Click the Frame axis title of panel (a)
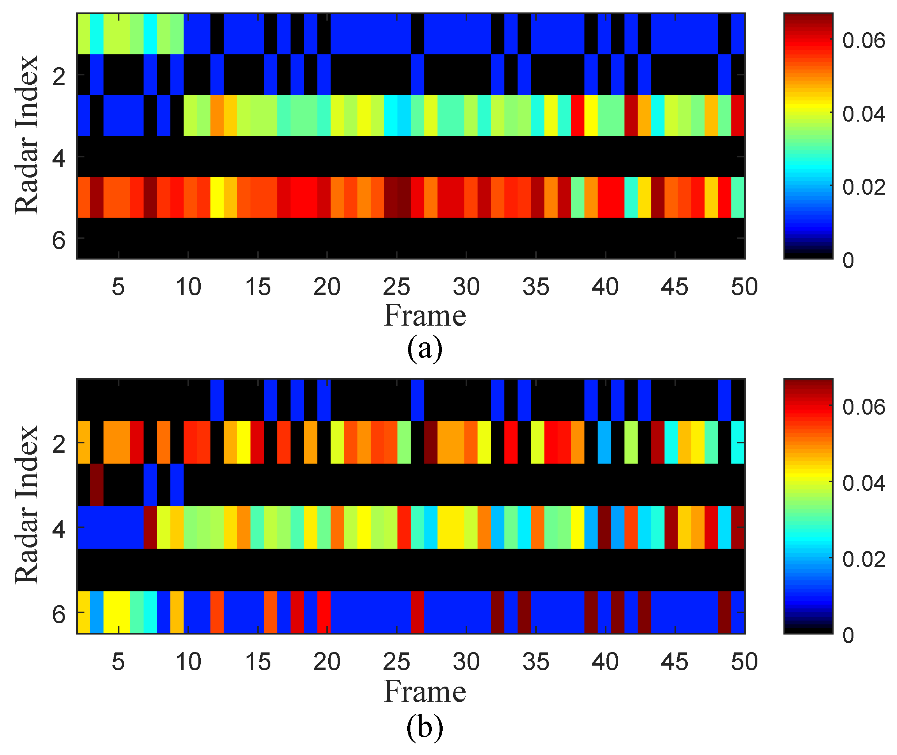coord(424,316)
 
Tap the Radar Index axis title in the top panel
coord(26,134)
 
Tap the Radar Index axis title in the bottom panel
coord(26,505)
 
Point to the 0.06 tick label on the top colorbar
coord(863,41)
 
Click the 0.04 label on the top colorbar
coord(863,114)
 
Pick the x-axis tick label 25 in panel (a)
coord(396,287)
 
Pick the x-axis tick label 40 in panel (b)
coord(605,662)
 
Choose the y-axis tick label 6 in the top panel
coord(59,240)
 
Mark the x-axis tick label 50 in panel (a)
coord(744,287)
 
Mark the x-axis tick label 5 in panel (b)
coord(118,662)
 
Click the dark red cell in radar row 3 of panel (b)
coord(97,485)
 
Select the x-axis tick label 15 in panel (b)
coord(258,662)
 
